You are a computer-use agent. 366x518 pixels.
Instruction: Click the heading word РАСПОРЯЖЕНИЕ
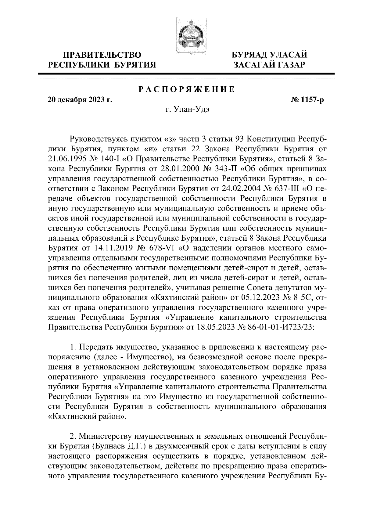coord(186,89)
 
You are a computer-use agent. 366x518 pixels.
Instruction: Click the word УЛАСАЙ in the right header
coord(288,55)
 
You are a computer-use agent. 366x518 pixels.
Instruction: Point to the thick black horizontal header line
coord(186,74)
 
